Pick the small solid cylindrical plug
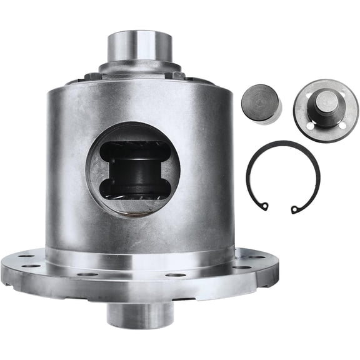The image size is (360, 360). tap(261, 102)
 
